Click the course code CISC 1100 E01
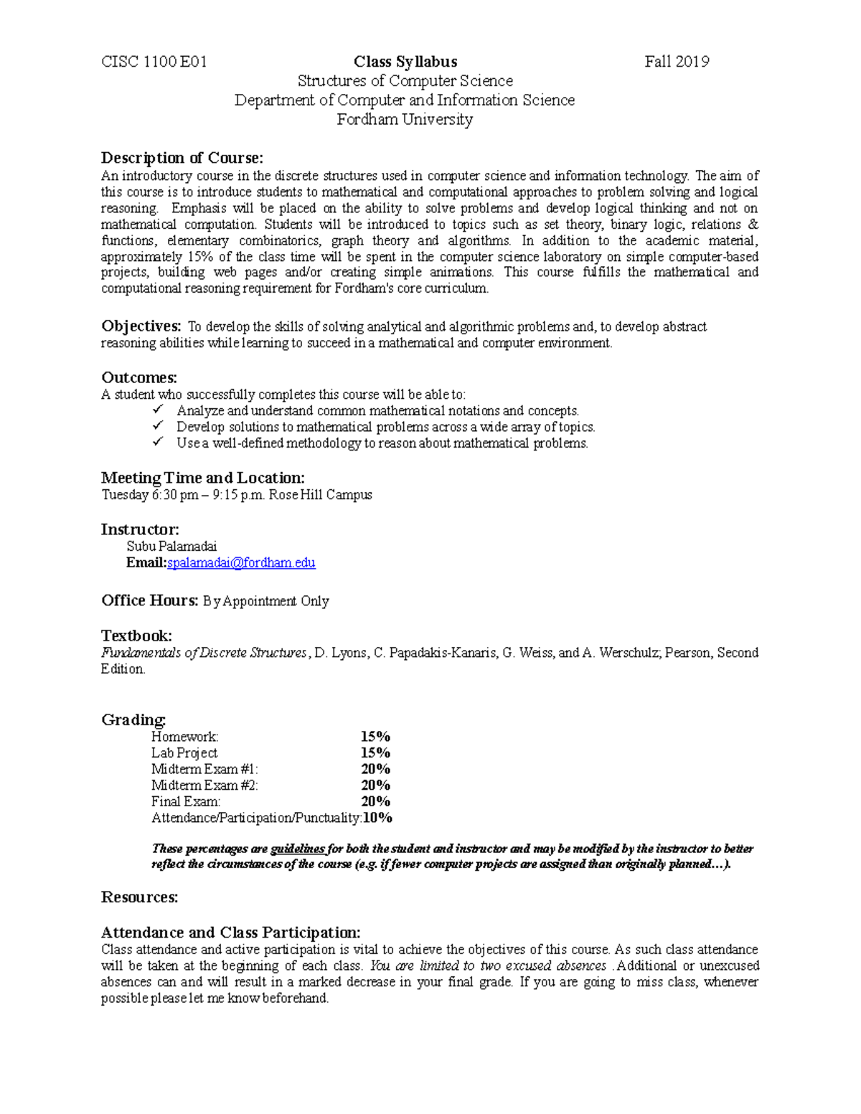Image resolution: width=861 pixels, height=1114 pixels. point(154,62)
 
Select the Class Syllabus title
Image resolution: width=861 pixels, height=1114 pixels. point(405,62)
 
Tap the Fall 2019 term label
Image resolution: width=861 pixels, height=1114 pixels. point(677,62)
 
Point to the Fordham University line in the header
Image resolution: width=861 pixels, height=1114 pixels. point(405,119)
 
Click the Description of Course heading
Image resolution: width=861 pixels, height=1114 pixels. point(182,158)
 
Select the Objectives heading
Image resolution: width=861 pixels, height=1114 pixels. point(141,326)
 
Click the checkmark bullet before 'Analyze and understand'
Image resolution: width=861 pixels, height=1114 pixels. point(158,410)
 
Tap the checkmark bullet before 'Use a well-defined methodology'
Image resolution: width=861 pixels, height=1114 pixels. point(158,443)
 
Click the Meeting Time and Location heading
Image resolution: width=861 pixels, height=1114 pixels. point(203,478)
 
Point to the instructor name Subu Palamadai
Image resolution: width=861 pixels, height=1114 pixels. point(171,547)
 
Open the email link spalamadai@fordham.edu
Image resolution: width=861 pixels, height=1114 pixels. point(241,563)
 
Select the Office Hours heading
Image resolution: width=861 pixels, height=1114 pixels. point(149,600)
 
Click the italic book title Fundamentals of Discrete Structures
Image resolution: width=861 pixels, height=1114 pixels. point(204,653)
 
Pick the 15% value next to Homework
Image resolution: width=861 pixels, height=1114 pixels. point(375,737)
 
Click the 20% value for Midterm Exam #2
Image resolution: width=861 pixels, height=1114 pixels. point(375,785)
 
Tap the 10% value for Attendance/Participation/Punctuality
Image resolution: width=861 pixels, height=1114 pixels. point(377,818)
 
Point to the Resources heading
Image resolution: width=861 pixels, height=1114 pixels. point(139,897)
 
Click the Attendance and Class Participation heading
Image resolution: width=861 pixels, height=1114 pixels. point(230,933)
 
